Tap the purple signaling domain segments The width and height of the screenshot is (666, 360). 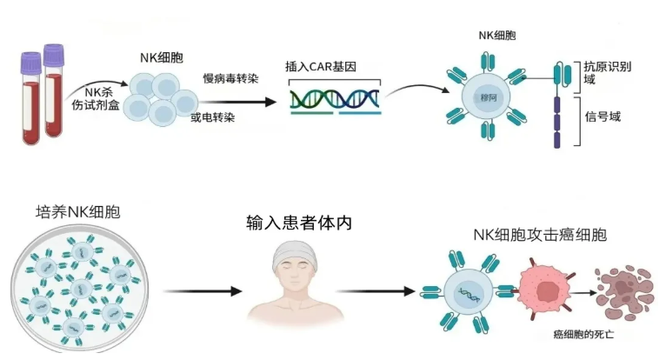tap(558, 123)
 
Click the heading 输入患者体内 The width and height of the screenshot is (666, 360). tap(300, 223)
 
